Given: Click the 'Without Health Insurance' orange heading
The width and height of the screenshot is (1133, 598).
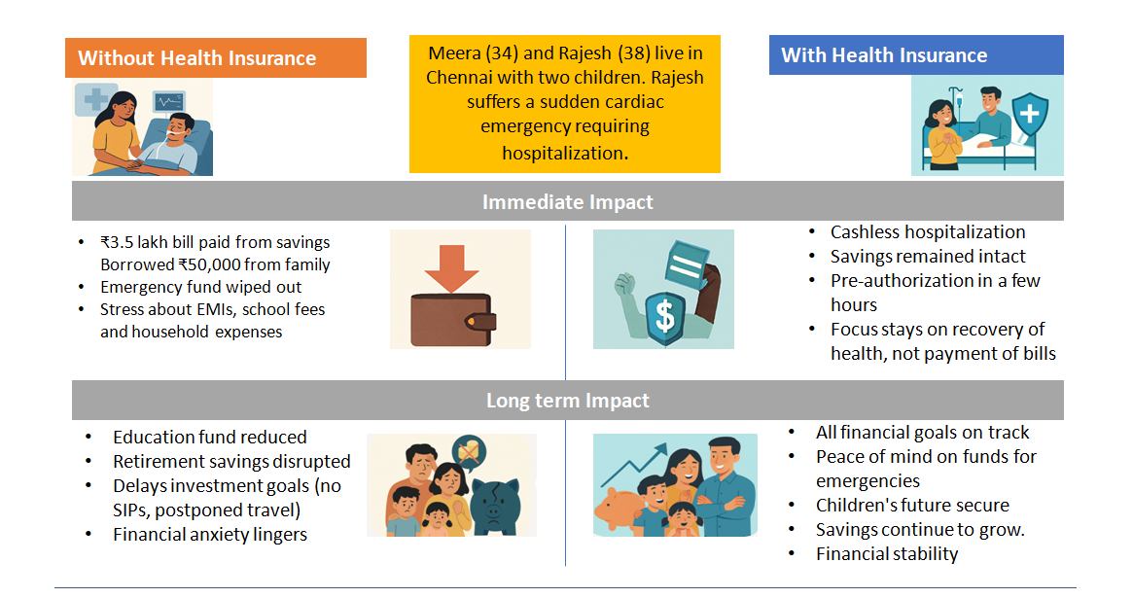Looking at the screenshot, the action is (196, 57).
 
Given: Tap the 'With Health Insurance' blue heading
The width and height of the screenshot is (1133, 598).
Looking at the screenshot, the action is (884, 54).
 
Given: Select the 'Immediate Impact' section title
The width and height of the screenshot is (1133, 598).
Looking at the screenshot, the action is (567, 201).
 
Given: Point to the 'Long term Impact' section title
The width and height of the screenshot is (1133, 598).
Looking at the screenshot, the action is (567, 400).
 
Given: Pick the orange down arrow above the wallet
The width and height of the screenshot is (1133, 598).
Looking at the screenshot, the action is (451, 268).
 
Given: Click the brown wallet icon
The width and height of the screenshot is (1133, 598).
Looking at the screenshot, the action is (453, 319).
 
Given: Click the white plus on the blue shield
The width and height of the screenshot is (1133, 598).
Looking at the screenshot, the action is (1029, 114).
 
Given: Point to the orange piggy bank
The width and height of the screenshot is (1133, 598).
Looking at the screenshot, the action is (620, 510).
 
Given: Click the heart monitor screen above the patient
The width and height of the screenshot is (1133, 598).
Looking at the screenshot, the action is (169, 102).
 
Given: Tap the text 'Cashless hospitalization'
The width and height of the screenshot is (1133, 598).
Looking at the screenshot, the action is (928, 231).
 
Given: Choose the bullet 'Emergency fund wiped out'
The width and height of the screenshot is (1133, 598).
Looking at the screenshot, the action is (201, 287).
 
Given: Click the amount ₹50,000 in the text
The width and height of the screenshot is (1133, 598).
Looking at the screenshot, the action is (214, 264).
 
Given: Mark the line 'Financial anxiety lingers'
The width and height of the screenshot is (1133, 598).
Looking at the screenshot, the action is (209, 535).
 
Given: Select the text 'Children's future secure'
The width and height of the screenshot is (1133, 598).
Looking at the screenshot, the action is (912, 505).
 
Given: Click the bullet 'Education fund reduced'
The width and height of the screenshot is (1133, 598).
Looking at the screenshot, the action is (209, 437).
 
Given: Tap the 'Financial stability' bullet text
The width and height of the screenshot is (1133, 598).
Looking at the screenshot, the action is (887, 554).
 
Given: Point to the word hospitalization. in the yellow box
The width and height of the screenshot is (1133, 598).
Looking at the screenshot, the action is (565, 153).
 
